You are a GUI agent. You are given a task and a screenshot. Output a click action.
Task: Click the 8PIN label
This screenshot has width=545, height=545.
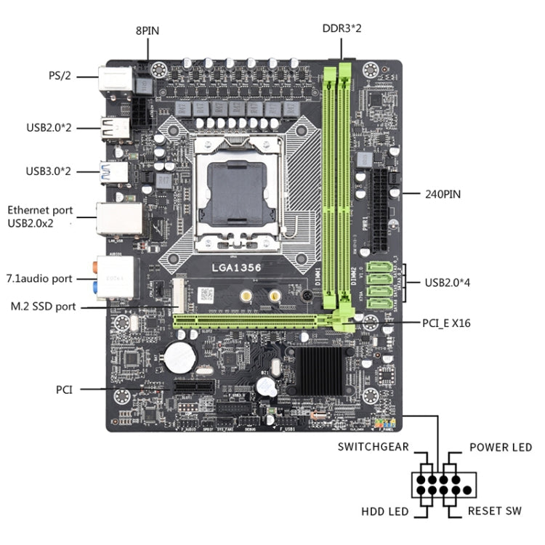click(148, 31)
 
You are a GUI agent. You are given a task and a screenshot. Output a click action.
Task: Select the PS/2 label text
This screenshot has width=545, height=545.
click(59, 75)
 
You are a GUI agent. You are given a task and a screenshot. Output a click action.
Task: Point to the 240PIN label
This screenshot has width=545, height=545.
click(443, 194)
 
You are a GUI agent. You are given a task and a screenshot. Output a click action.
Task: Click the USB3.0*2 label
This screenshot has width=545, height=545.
click(49, 171)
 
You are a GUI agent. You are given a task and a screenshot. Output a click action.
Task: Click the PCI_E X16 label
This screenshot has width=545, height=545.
click(446, 323)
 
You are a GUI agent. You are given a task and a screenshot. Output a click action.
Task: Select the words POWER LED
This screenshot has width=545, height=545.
click(500, 448)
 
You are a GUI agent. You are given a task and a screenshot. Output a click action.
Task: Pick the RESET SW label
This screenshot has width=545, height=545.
click(494, 512)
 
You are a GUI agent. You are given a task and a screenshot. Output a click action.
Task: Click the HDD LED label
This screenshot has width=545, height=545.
click(384, 512)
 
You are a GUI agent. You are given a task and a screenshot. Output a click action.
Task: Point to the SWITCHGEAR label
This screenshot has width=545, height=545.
click(373, 448)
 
